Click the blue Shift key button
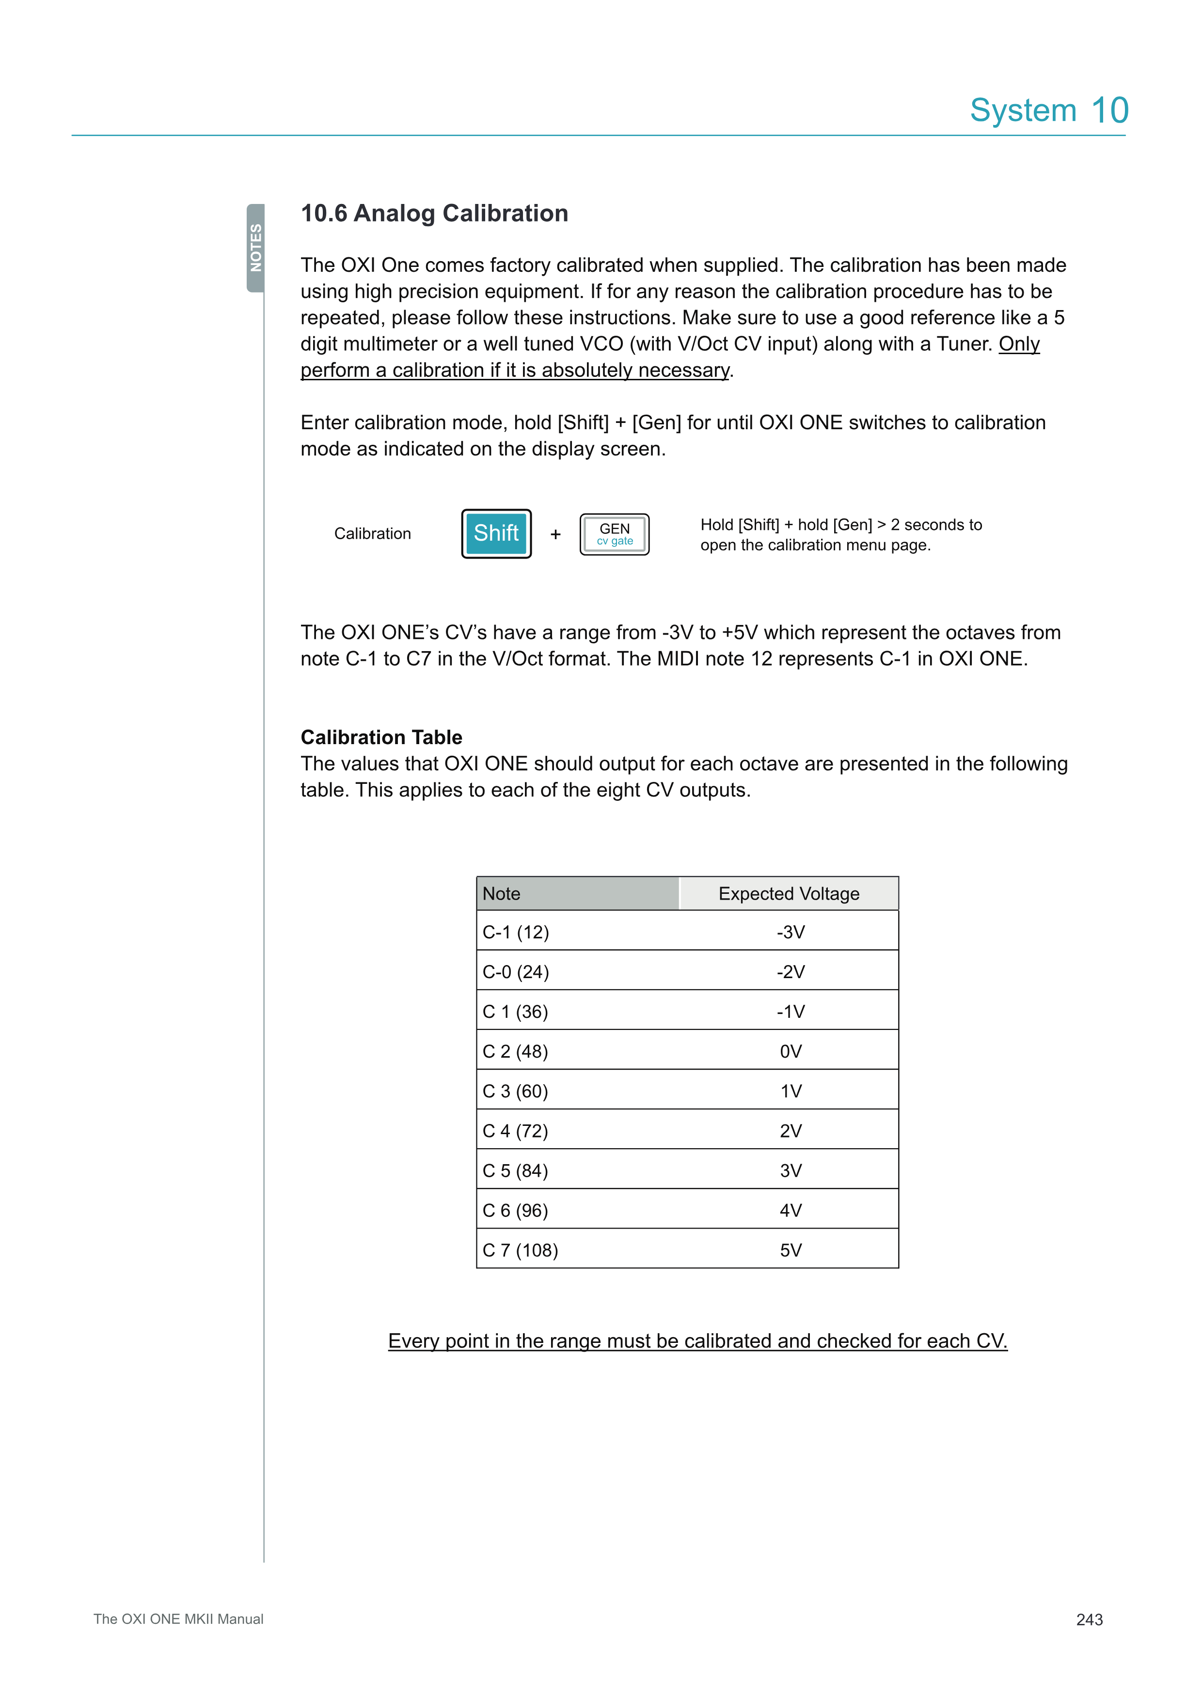pos(496,533)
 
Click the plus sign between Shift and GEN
pos(555,534)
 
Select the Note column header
pos(577,893)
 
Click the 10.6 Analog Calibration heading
pos(434,213)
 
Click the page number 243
pos(1089,1619)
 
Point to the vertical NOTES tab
pos(255,248)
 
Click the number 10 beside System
pos(1109,111)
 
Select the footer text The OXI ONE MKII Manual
pos(178,1619)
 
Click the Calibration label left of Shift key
pos(372,533)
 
